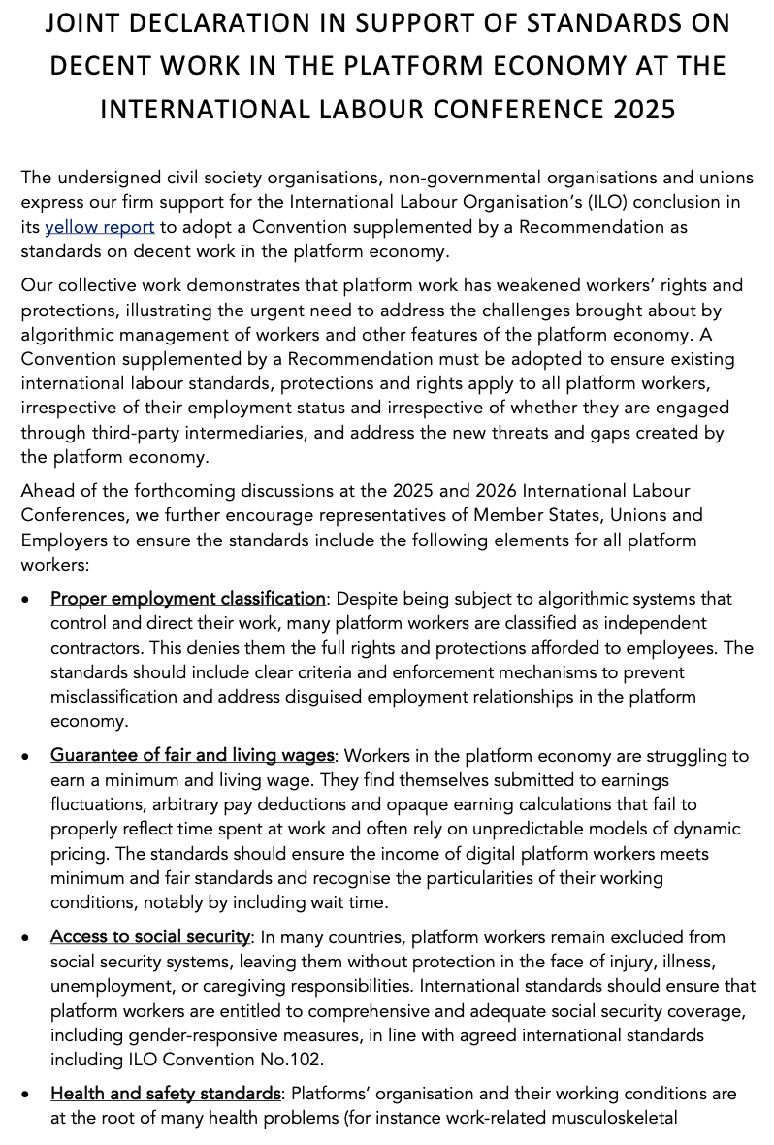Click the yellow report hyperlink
pos(100,227)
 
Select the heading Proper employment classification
pos(188,598)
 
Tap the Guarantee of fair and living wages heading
pos(192,755)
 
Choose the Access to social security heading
pos(150,936)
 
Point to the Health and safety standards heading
pos(166,1094)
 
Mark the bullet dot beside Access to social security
pos(27,937)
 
